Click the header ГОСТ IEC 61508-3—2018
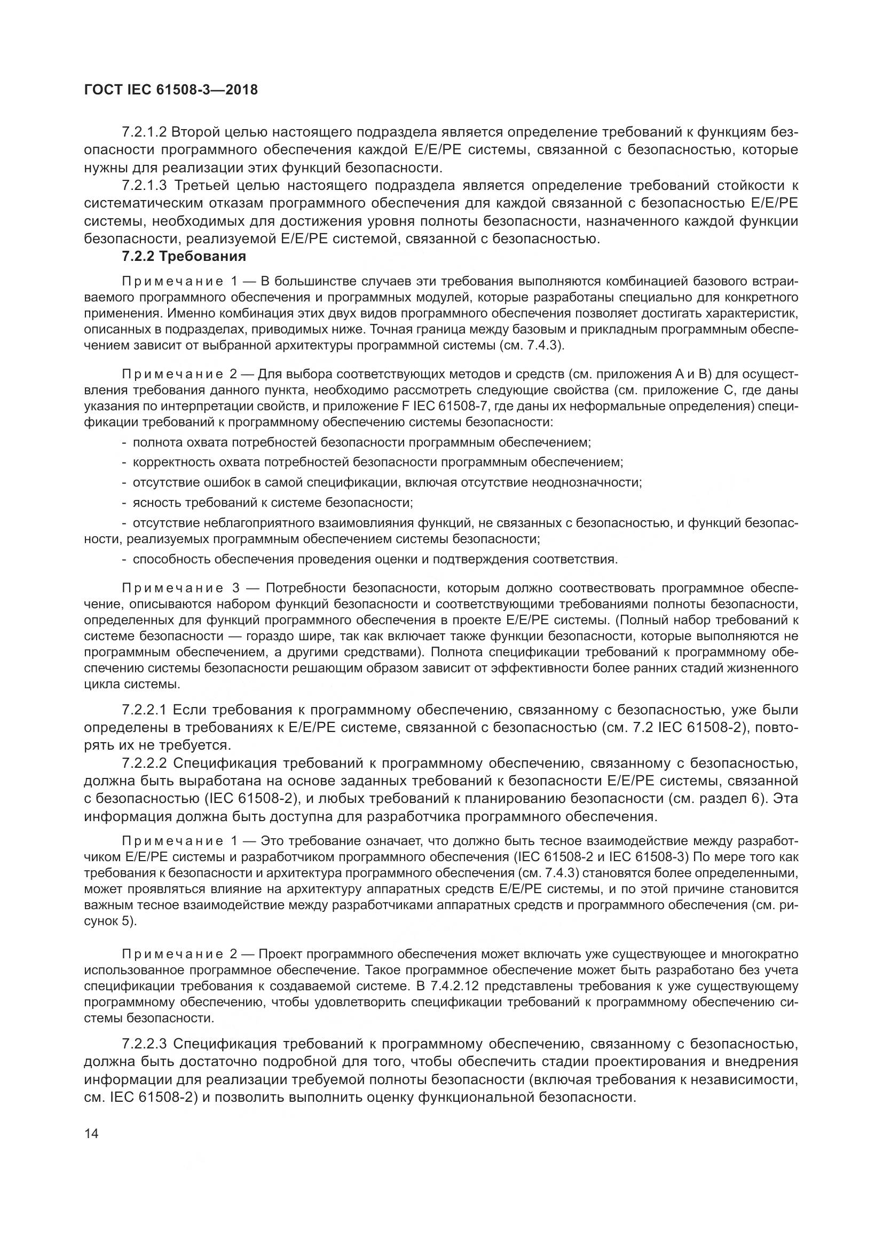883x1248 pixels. (x=171, y=90)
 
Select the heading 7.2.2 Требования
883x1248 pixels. (x=184, y=256)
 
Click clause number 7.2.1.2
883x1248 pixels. (x=144, y=132)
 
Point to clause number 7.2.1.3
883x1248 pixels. (x=144, y=186)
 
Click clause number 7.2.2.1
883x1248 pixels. (x=144, y=710)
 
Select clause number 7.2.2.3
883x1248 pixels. (x=144, y=1044)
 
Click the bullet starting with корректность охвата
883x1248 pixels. (x=377, y=463)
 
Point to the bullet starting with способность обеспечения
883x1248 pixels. (x=374, y=559)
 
